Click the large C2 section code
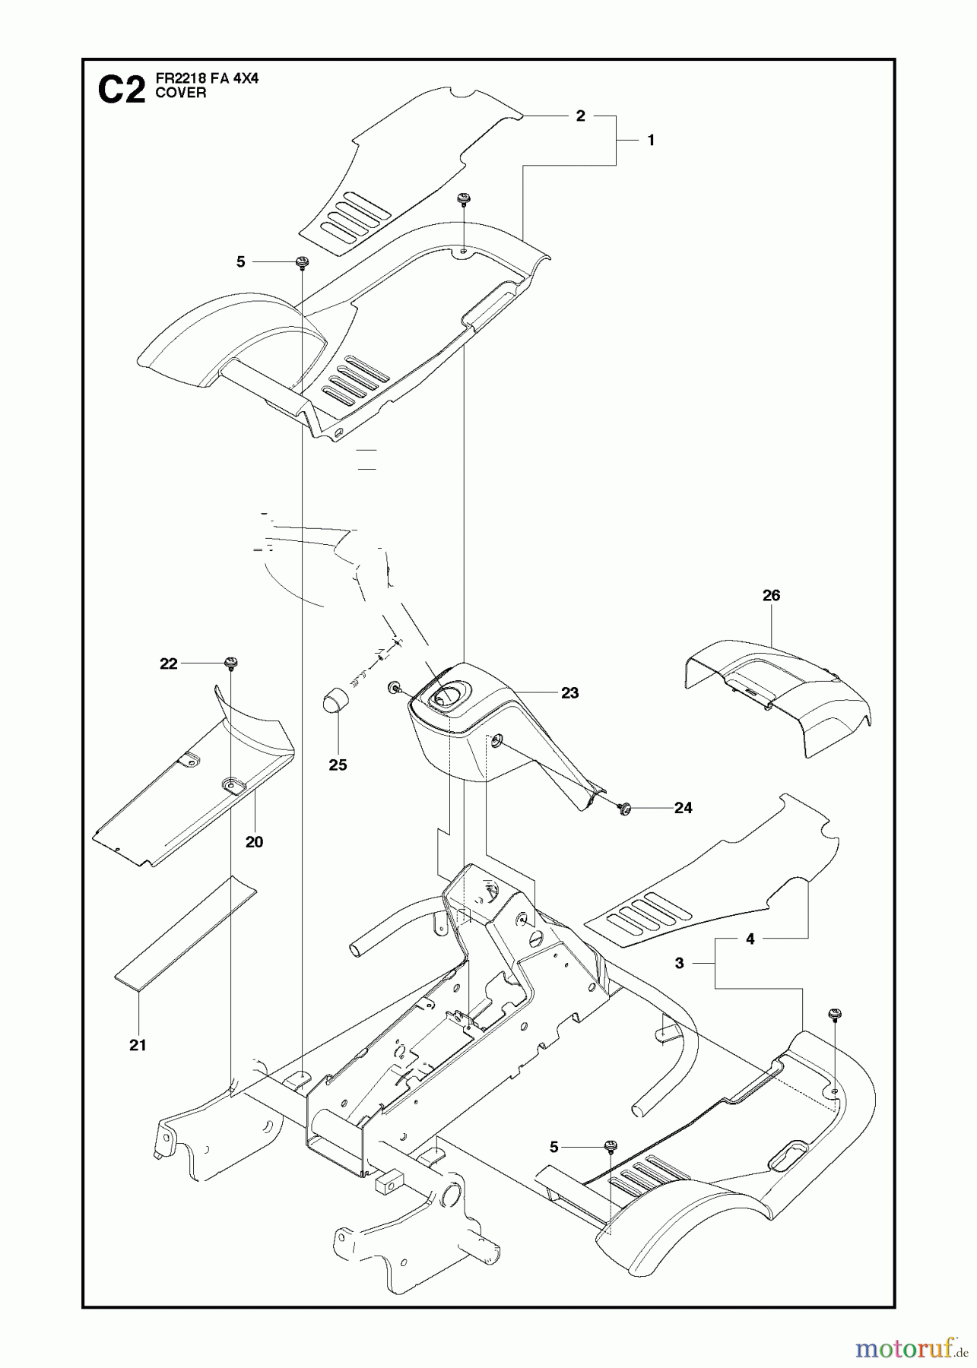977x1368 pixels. [122, 90]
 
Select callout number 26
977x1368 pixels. [771, 595]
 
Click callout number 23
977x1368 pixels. [569, 692]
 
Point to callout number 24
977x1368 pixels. [683, 808]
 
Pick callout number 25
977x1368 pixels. [338, 765]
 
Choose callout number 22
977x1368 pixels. [168, 663]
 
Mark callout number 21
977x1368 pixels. [137, 1045]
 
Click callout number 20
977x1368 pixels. [254, 841]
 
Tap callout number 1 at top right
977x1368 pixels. [651, 140]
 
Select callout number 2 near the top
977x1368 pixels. [580, 116]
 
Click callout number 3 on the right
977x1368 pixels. [679, 963]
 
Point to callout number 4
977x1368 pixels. [750, 939]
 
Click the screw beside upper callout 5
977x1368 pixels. [302, 262]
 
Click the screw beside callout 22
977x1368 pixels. [230, 663]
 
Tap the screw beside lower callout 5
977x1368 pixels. [610, 1147]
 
